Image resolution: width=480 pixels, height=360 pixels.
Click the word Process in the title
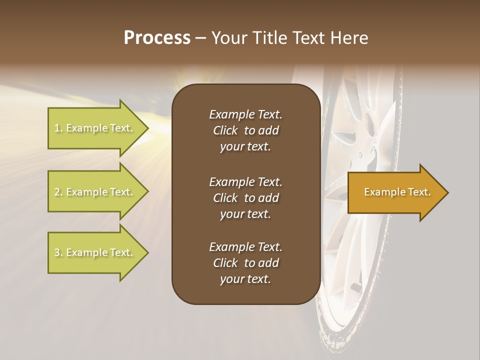157,38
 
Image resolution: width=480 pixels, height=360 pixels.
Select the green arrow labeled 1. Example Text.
93,128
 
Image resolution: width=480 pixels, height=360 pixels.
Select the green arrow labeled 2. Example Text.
93,192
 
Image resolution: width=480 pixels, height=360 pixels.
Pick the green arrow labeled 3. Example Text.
93,252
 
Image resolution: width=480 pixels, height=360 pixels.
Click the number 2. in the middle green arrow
58,192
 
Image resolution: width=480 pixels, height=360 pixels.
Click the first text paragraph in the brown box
245,130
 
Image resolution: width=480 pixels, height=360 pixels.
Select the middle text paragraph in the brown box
245,198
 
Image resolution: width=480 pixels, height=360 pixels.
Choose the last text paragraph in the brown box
245,263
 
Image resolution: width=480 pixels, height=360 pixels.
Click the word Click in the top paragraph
225,130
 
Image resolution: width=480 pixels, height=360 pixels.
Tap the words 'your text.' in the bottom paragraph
245,279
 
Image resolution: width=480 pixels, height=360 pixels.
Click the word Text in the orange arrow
419,192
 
